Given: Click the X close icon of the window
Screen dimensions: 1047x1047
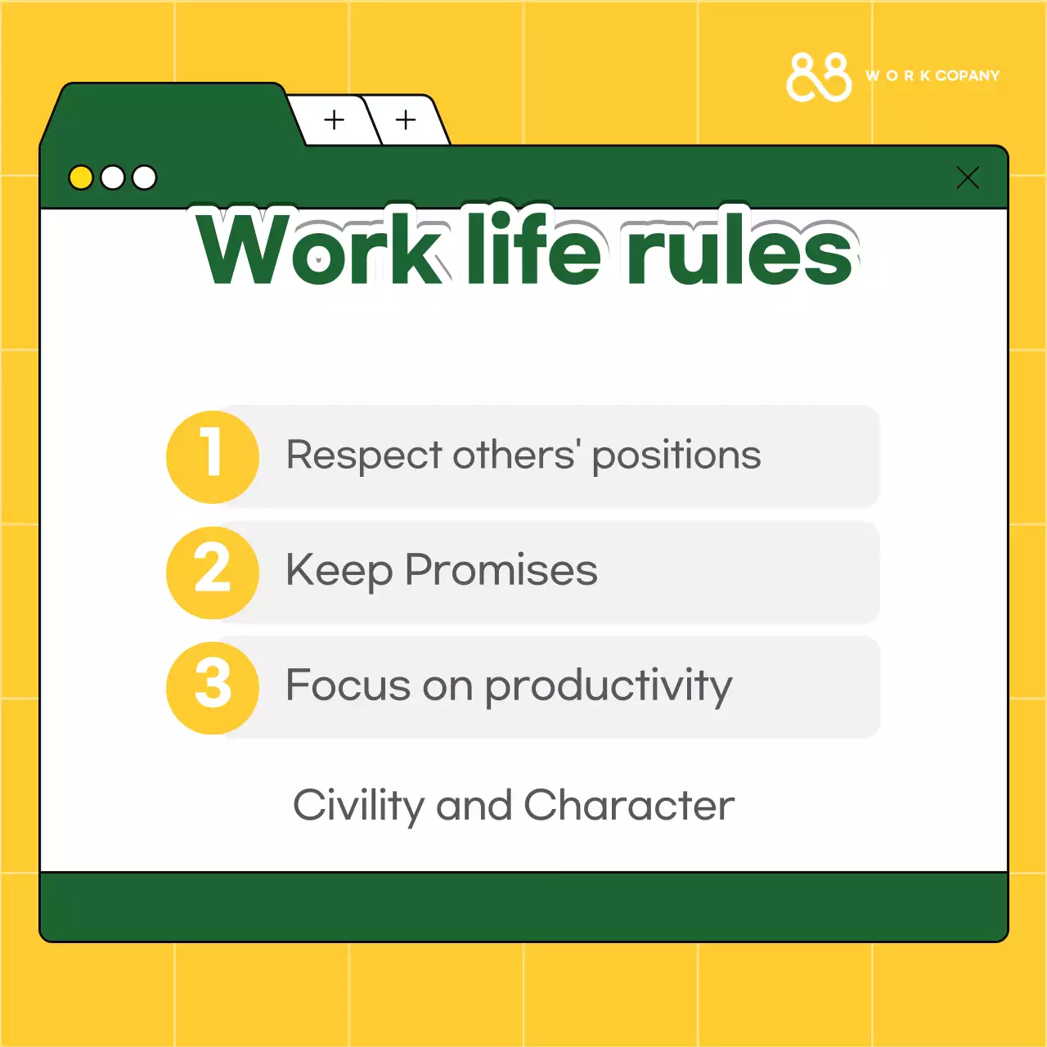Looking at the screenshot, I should [x=968, y=177].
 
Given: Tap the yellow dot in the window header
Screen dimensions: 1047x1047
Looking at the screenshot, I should [x=81, y=177].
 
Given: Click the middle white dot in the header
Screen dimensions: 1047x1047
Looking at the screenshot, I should [x=113, y=177].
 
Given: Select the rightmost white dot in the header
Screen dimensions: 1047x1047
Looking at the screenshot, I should [x=145, y=177].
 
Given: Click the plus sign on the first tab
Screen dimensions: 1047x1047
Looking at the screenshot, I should [x=334, y=120].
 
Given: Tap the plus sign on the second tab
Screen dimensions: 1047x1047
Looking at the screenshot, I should [x=406, y=120].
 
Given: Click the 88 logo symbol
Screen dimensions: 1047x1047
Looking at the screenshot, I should [x=819, y=78].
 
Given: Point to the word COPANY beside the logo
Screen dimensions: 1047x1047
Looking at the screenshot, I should [x=968, y=76].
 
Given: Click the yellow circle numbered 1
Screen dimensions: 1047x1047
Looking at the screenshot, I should [x=213, y=456].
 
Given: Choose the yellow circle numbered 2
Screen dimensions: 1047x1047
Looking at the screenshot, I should [x=213, y=572].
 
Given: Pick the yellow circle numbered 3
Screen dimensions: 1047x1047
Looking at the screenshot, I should [x=213, y=687].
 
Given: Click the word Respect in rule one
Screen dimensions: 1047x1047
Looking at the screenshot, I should [x=364, y=456].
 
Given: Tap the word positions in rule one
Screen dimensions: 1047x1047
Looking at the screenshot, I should [x=676, y=456].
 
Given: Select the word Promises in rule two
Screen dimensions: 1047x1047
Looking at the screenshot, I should [x=501, y=571].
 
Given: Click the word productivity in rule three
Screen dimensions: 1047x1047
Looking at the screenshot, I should [x=609, y=687].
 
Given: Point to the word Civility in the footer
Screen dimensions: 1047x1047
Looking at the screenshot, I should [x=358, y=807].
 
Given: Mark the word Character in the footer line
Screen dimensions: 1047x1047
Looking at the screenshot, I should [x=628, y=806].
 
